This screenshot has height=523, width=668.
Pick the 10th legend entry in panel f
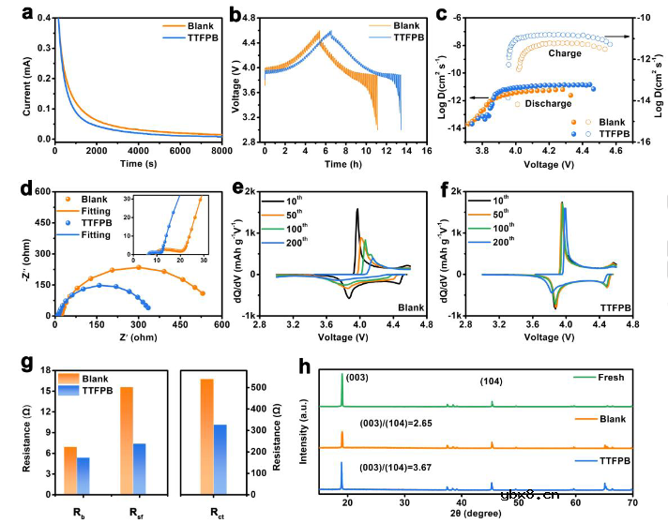tap(536, 199)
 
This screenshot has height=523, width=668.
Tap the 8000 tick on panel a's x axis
tap(221, 151)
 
